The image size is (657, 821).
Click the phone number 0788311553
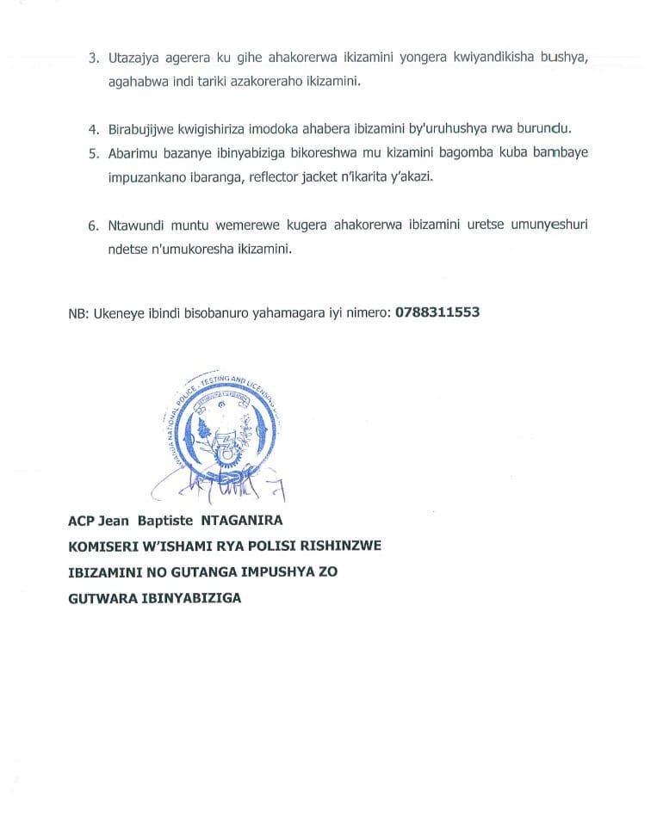click(437, 312)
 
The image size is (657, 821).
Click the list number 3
click(94, 59)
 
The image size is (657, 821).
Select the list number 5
click(94, 151)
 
